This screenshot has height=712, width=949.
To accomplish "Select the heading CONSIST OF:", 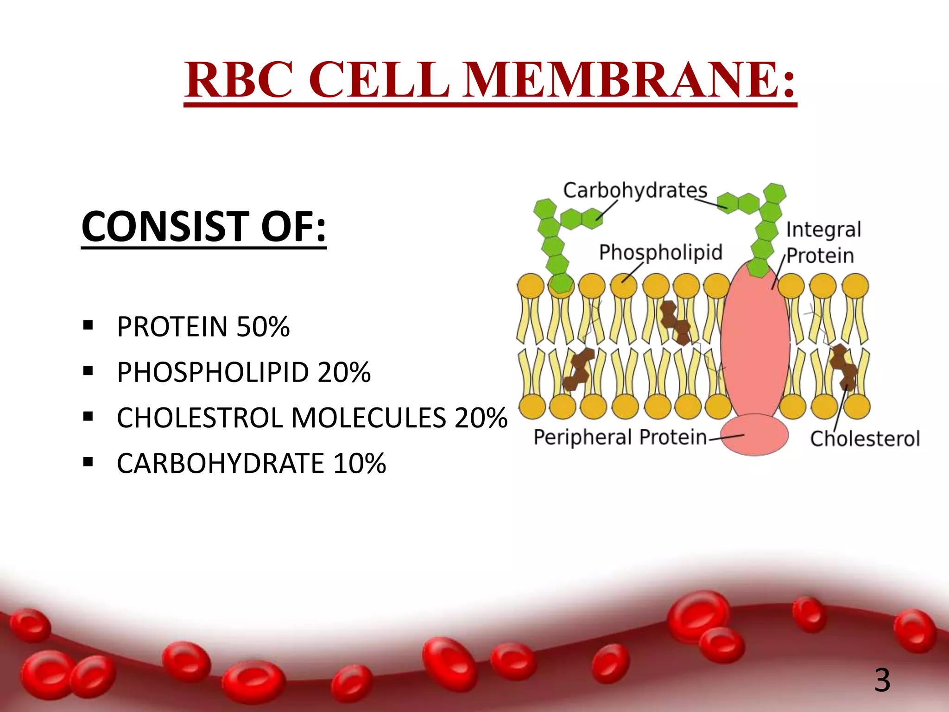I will point(203,227).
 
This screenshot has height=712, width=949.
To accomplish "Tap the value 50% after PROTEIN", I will point(263,327).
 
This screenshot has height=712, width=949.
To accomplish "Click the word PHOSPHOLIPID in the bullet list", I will point(213,372).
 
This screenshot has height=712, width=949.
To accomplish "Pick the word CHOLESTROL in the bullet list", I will point(200,418).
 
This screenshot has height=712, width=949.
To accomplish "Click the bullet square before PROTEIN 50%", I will point(88,326).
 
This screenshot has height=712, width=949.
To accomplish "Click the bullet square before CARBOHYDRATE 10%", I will point(88,462).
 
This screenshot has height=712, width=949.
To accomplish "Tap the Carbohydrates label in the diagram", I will point(635,191).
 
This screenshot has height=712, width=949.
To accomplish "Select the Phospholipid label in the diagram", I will point(660,253).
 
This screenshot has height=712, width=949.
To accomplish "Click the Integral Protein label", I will point(822,242).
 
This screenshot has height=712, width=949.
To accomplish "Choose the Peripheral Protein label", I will point(620,437).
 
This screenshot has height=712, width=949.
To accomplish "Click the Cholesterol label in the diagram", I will point(864,439).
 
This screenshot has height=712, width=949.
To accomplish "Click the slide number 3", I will point(882,680).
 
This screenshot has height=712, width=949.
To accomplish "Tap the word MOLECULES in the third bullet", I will point(368,418).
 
